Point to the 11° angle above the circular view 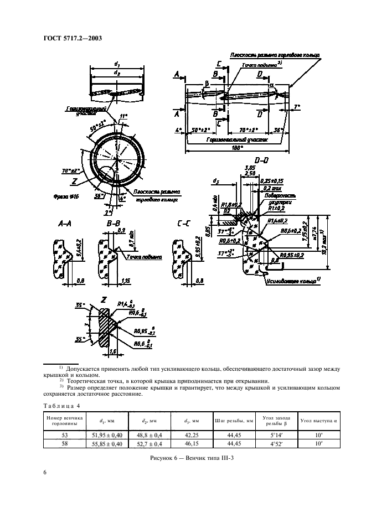tap(123, 117)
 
